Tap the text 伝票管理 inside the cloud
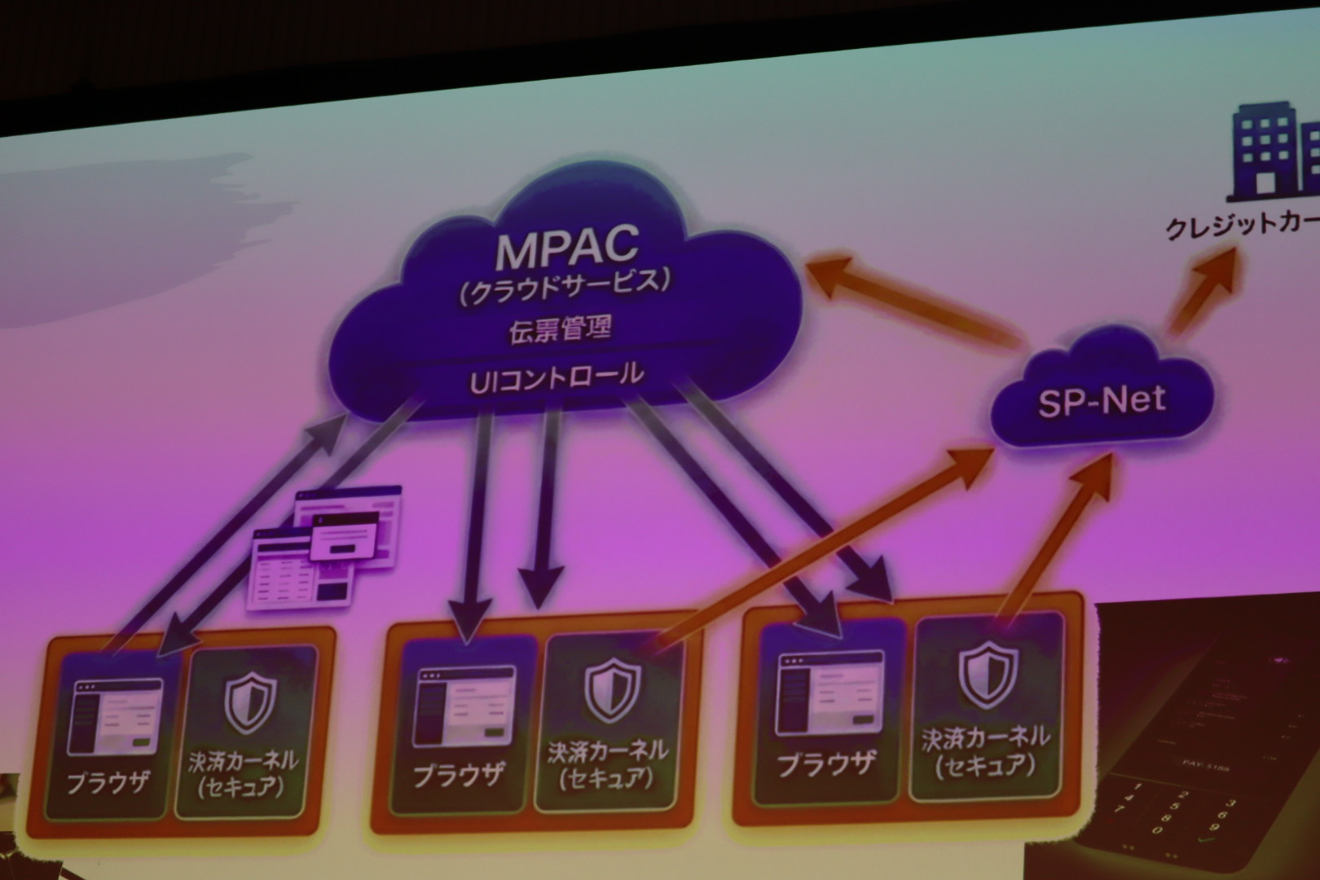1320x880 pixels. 560,330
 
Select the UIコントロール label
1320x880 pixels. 557,375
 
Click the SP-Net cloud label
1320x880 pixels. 1102,400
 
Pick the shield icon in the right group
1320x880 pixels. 986,672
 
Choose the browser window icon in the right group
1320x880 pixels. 829,692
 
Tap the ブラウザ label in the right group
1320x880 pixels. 826,763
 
